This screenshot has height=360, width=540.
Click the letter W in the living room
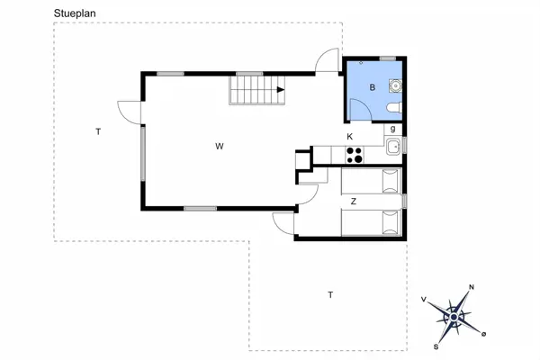(x=219, y=146)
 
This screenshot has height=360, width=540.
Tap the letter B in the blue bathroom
(x=373, y=87)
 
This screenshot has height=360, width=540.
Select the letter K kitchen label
(x=350, y=137)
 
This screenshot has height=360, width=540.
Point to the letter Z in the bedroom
(x=354, y=201)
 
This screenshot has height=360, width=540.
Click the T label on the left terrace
(x=98, y=132)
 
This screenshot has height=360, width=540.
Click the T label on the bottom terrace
(x=330, y=295)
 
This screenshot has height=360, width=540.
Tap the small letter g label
(x=393, y=130)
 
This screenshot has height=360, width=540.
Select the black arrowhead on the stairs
(x=282, y=90)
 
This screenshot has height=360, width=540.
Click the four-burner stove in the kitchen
(x=355, y=154)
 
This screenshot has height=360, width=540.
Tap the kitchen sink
(x=392, y=148)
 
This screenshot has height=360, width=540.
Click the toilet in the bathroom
(x=392, y=109)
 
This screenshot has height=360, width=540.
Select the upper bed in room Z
(x=372, y=181)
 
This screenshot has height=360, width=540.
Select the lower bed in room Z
(x=372, y=220)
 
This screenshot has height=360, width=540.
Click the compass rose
(x=456, y=315)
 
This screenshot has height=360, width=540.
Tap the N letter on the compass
(x=472, y=287)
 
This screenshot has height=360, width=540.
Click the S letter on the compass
(x=436, y=346)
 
